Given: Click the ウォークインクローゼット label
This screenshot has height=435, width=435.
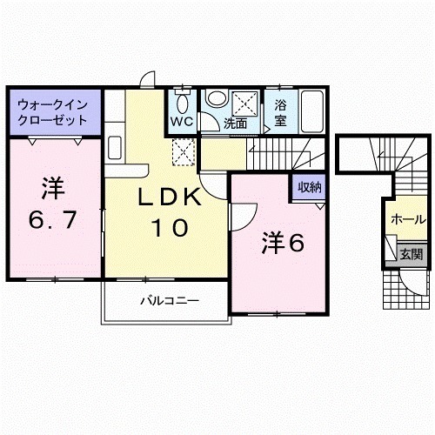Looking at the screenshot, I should tap(51, 112).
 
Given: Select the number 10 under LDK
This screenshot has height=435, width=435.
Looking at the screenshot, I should tap(171, 229).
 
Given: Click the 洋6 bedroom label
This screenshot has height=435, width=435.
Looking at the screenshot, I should tap(281, 244).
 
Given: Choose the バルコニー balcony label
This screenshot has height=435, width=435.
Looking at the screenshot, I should tap(171, 300).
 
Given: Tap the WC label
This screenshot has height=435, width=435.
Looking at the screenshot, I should tap(181, 122).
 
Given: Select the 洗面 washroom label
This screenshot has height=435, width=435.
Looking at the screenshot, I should tap(236, 124).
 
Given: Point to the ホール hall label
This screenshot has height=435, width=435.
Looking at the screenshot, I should tap(407, 219).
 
